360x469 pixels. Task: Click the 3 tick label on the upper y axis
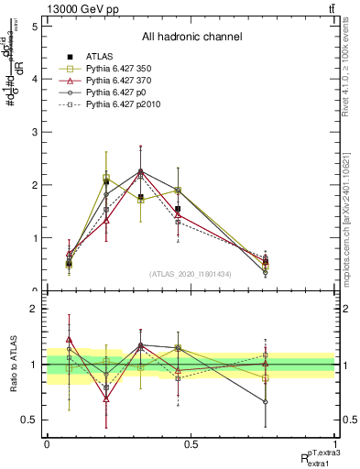tap(33, 132)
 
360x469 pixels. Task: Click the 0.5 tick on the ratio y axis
tap(28, 420)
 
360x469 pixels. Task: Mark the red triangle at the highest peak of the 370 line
tap(140, 173)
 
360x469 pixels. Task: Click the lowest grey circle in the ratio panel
tap(266, 401)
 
